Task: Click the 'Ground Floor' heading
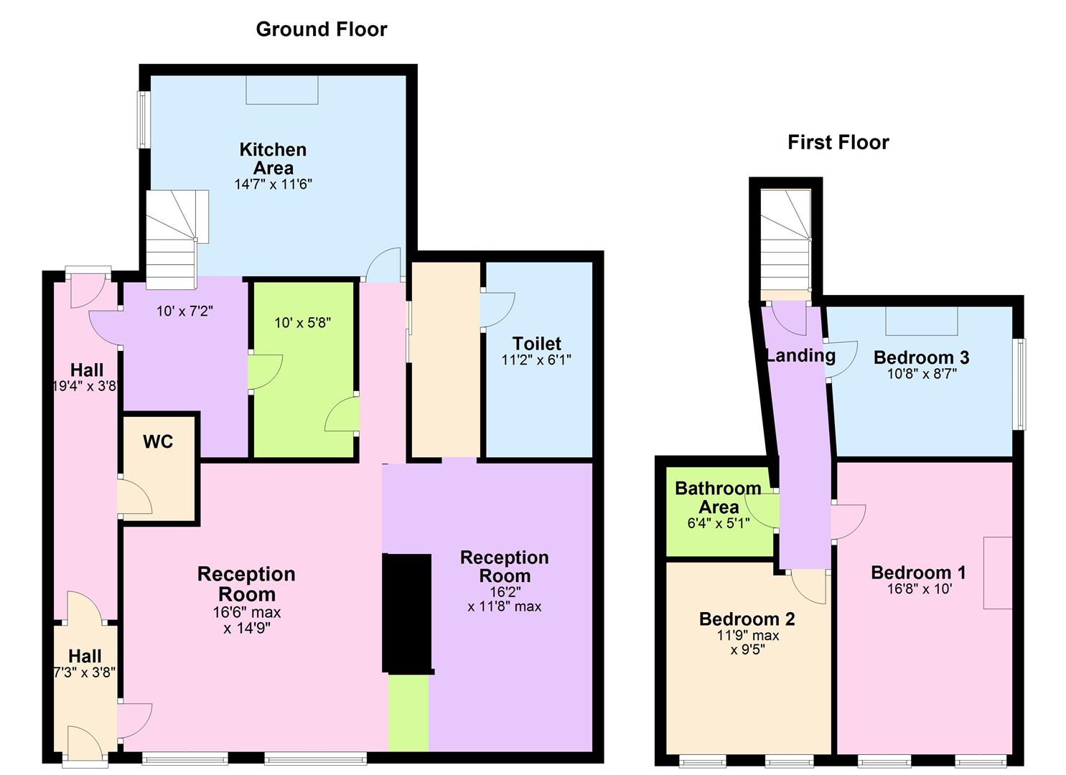click(322, 29)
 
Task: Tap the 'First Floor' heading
click(838, 142)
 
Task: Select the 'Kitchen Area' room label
click(273, 159)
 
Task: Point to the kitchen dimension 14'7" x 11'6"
click(273, 184)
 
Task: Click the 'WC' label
click(158, 442)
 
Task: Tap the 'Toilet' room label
click(537, 344)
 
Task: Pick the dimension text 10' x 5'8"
click(303, 323)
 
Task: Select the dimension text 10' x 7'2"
click(184, 311)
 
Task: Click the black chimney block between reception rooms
click(407, 614)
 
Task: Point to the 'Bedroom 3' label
click(921, 357)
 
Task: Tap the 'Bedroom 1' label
click(918, 573)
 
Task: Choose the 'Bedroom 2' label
click(747, 619)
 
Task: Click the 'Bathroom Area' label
click(718, 497)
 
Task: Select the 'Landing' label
click(800, 355)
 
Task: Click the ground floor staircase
click(177, 239)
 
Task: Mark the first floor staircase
click(786, 240)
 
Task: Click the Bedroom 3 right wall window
click(1019, 384)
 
